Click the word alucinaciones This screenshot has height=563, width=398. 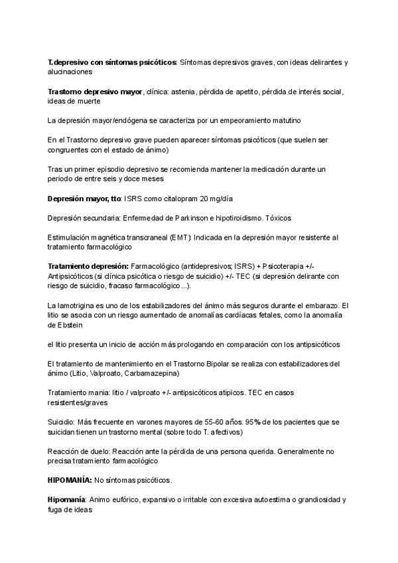point(70,71)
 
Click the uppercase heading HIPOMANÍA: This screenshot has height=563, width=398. point(70,479)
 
